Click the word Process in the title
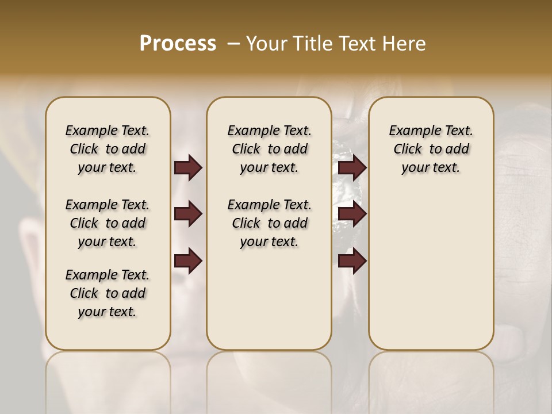[178, 44]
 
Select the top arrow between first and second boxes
[188, 167]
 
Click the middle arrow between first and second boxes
[188, 214]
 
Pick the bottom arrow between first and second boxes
[188, 260]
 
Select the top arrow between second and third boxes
[352, 167]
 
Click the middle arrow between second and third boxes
[352, 214]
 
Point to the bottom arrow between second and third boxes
[352, 260]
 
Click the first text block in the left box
[108, 149]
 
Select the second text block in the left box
[108, 223]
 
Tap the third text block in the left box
[108, 293]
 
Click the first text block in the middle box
[269, 149]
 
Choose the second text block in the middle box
[269, 223]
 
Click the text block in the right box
[431, 149]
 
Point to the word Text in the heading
[357, 44]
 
